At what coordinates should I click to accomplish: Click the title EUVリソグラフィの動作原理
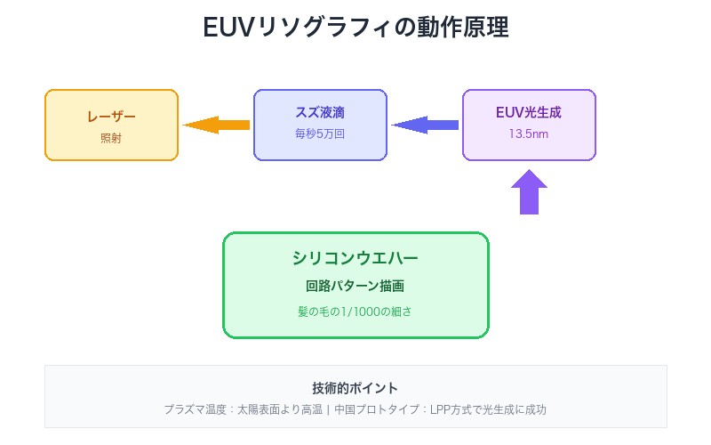[x=355, y=28]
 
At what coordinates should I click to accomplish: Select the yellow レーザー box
[x=111, y=125]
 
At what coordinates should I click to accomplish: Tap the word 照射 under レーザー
[x=111, y=137]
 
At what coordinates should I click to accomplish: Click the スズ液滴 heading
[x=320, y=113]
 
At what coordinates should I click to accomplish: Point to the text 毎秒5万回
[x=320, y=134]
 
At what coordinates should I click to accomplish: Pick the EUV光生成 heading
[x=529, y=113]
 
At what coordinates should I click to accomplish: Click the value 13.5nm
[x=529, y=134]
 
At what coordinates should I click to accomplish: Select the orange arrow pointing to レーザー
[x=216, y=125]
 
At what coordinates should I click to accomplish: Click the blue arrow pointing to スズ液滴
[x=425, y=125]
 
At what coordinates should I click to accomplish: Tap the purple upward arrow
[x=529, y=191]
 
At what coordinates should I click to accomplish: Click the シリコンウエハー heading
[x=355, y=258]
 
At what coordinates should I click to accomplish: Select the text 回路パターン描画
[x=355, y=287]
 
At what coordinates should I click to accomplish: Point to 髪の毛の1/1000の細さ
[x=355, y=312]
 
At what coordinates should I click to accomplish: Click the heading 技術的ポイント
[x=355, y=388]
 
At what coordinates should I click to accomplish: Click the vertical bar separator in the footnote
[x=328, y=410]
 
